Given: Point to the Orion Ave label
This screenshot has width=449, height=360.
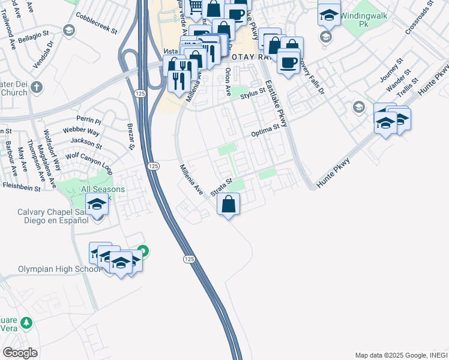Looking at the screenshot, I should [x=228, y=82].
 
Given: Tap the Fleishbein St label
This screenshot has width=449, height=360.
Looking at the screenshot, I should [x=20, y=188].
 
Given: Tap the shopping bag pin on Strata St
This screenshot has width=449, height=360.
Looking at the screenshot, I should [x=229, y=204].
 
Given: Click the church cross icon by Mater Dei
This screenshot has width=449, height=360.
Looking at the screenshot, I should [x=37, y=87].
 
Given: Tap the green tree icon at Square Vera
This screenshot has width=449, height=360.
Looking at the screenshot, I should [x=26, y=323].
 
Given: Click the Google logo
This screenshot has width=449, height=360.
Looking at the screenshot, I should [x=20, y=353].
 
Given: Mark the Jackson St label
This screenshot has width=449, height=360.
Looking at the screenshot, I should [x=86, y=143].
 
